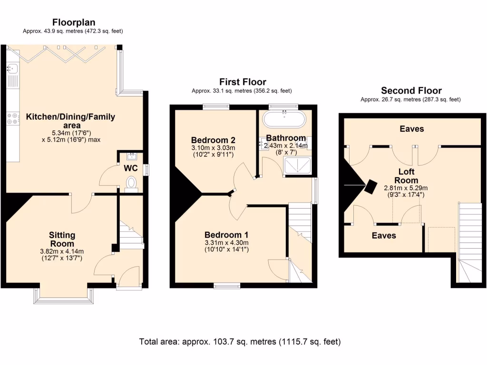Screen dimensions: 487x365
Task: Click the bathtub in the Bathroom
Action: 284,119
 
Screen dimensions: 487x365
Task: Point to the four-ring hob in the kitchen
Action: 12,118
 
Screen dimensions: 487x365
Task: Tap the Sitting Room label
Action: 62,240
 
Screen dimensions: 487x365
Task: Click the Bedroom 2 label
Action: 213,140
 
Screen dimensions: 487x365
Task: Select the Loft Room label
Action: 406,176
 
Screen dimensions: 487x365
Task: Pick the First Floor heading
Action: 243,82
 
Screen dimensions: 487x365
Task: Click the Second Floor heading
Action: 411,91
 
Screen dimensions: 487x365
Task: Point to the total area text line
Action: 240,342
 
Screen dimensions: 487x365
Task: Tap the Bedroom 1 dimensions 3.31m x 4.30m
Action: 226,243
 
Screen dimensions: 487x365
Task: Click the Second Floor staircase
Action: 470,242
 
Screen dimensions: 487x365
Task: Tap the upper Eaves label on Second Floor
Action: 412,129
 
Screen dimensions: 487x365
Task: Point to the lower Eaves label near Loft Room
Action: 384,236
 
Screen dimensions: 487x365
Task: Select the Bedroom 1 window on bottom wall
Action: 227,286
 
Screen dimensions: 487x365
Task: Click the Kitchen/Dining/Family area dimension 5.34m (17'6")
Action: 71,133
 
